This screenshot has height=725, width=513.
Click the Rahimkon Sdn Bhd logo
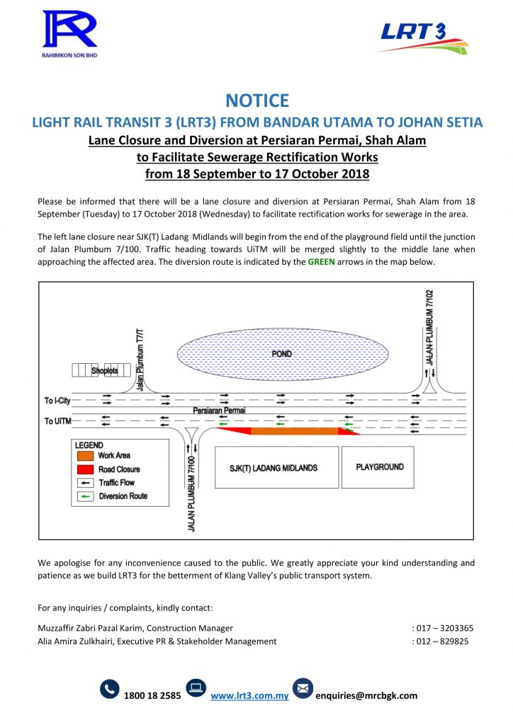click(x=69, y=35)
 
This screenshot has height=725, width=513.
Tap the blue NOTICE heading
click(x=256, y=101)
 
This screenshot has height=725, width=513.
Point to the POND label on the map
click(x=281, y=354)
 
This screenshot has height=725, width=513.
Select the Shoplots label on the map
click(x=104, y=370)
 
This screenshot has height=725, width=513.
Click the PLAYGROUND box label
click(x=380, y=467)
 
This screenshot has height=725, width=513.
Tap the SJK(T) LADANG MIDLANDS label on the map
click(x=274, y=468)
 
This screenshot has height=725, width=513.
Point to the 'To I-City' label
click(x=58, y=401)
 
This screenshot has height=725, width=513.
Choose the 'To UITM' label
click(x=58, y=421)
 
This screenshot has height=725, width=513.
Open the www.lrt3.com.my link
click(x=249, y=695)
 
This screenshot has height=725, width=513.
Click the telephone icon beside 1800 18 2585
click(x=110, y=689)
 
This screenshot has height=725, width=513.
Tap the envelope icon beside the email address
click(x=303, y=689)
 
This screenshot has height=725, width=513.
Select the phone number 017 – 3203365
click(x=444, y=628)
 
